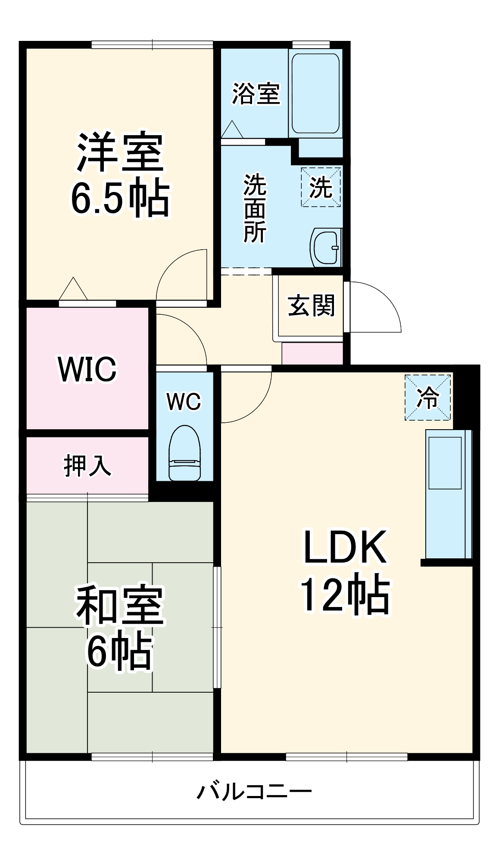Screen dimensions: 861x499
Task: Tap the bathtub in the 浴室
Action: point(315,93)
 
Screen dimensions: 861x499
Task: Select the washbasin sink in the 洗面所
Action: point(326,248)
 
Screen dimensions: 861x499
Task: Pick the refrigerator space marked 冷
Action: point(427,397)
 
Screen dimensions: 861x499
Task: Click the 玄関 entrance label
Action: point(311,306)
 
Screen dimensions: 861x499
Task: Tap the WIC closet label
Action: point(87,369)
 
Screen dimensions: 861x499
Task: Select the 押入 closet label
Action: point(87,465)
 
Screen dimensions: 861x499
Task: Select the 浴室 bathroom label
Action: point(256,93)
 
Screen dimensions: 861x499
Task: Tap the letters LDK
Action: point(345,547)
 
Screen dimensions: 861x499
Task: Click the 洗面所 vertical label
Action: point(255,208)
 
